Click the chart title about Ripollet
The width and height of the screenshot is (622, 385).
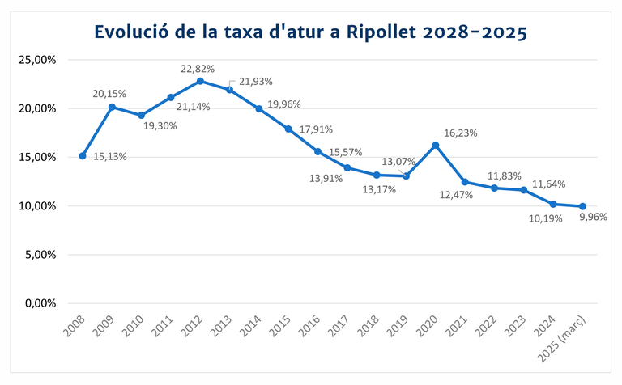click(311, 32)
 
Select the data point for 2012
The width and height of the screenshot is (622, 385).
click(200, 81)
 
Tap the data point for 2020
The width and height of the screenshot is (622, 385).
click(436, 145)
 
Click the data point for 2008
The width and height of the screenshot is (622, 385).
click(83, 156)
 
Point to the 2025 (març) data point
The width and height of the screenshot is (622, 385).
click(582, 206)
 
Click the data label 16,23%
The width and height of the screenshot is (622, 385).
click(461, 133)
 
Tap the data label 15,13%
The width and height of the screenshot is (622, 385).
click(109, 157)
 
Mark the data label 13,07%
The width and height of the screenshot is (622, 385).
click(398, 161)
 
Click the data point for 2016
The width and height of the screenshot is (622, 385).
click(318, 151)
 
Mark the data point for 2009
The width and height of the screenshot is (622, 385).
click(112, 107)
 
